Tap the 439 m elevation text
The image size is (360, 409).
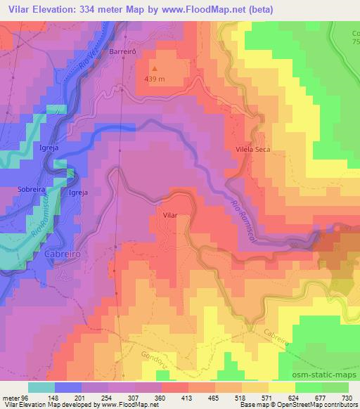(x=157, y=79)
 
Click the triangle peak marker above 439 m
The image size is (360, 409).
(x=156, y=70)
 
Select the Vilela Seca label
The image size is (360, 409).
(x=252, y=150)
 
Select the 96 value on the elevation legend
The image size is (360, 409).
(x=27, y=396)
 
